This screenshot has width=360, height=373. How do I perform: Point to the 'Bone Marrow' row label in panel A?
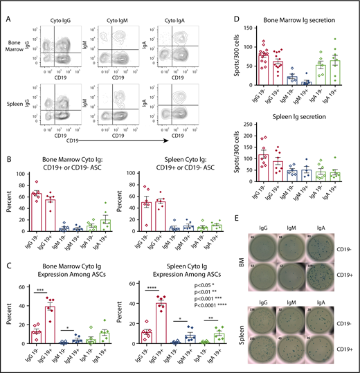tap(24, 52)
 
